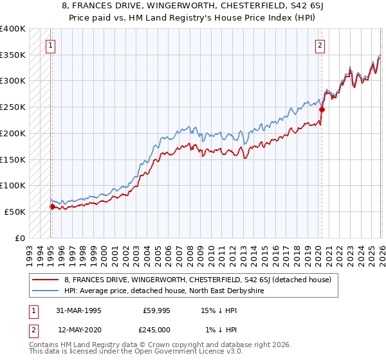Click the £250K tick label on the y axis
(13, 107)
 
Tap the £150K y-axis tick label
(13, 159)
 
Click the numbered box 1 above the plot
(50, 45)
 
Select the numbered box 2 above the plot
(320, 45)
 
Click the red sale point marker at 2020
(322, 110)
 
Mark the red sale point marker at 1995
(52, 206)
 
